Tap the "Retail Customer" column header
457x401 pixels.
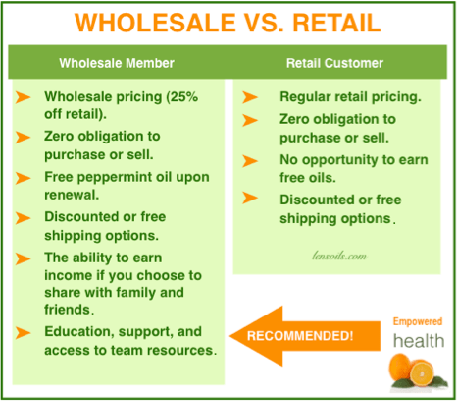click(x=333, y=63)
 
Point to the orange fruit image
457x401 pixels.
click(x=418, y=374)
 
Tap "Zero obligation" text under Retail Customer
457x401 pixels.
click(x=339, y=130)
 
